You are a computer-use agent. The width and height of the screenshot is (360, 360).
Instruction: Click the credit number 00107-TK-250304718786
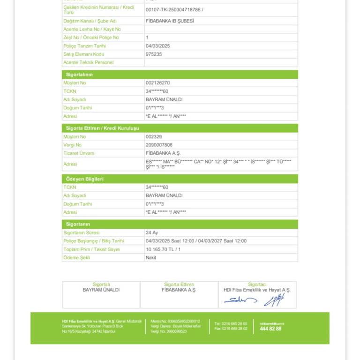point(174,9)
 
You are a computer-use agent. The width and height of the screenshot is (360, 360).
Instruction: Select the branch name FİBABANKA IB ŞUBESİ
point(169,21)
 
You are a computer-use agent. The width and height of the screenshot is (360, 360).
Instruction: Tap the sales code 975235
point(154,54)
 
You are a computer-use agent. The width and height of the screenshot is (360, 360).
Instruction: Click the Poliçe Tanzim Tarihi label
point(85,46)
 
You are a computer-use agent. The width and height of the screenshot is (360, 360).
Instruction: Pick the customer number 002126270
point(157,83)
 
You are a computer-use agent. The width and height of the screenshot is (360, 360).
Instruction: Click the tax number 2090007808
point(159,145)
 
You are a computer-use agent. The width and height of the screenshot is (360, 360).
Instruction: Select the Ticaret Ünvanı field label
point(79,153)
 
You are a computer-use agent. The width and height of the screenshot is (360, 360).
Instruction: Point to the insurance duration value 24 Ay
point(152,232)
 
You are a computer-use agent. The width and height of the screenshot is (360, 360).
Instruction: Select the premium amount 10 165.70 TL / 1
point(163,249)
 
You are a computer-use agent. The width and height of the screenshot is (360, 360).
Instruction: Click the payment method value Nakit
point(151,257)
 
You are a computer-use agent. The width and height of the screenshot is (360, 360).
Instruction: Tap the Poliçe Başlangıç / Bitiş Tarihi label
point(94,241)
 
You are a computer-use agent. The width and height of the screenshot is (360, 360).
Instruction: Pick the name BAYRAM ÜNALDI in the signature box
point(101,290)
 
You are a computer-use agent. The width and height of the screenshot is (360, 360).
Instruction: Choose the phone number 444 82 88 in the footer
point(270,329)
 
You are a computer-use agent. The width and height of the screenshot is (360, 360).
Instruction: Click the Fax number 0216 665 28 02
point(231,328)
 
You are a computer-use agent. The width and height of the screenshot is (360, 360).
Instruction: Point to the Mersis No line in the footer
point(175,321)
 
